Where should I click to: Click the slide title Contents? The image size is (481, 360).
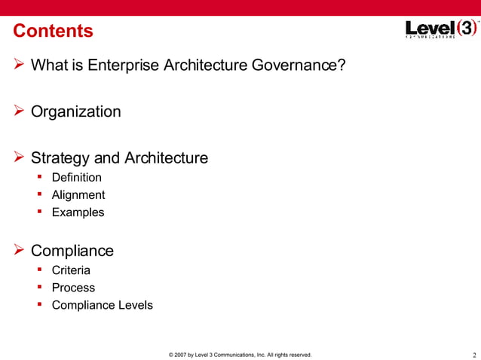[54, 32]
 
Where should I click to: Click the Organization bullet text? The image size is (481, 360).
[75, 112]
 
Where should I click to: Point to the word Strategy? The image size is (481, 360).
[60, 159]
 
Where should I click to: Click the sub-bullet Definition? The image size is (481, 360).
[76, 178]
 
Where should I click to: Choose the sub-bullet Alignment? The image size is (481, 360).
[78, 195]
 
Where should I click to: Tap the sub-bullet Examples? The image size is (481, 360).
[78, 212]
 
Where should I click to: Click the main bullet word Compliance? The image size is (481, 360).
[72, 251]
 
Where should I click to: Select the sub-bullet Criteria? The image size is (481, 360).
[71, 270]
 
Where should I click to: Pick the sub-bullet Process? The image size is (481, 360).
[73, 288]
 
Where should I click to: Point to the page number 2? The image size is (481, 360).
[473, 355]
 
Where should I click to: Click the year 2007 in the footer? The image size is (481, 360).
[182, 355]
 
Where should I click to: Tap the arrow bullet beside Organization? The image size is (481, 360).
[19, 111]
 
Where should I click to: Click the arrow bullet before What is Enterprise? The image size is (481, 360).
[19, 65]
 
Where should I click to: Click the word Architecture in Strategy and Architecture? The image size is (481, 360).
[166, 159]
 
